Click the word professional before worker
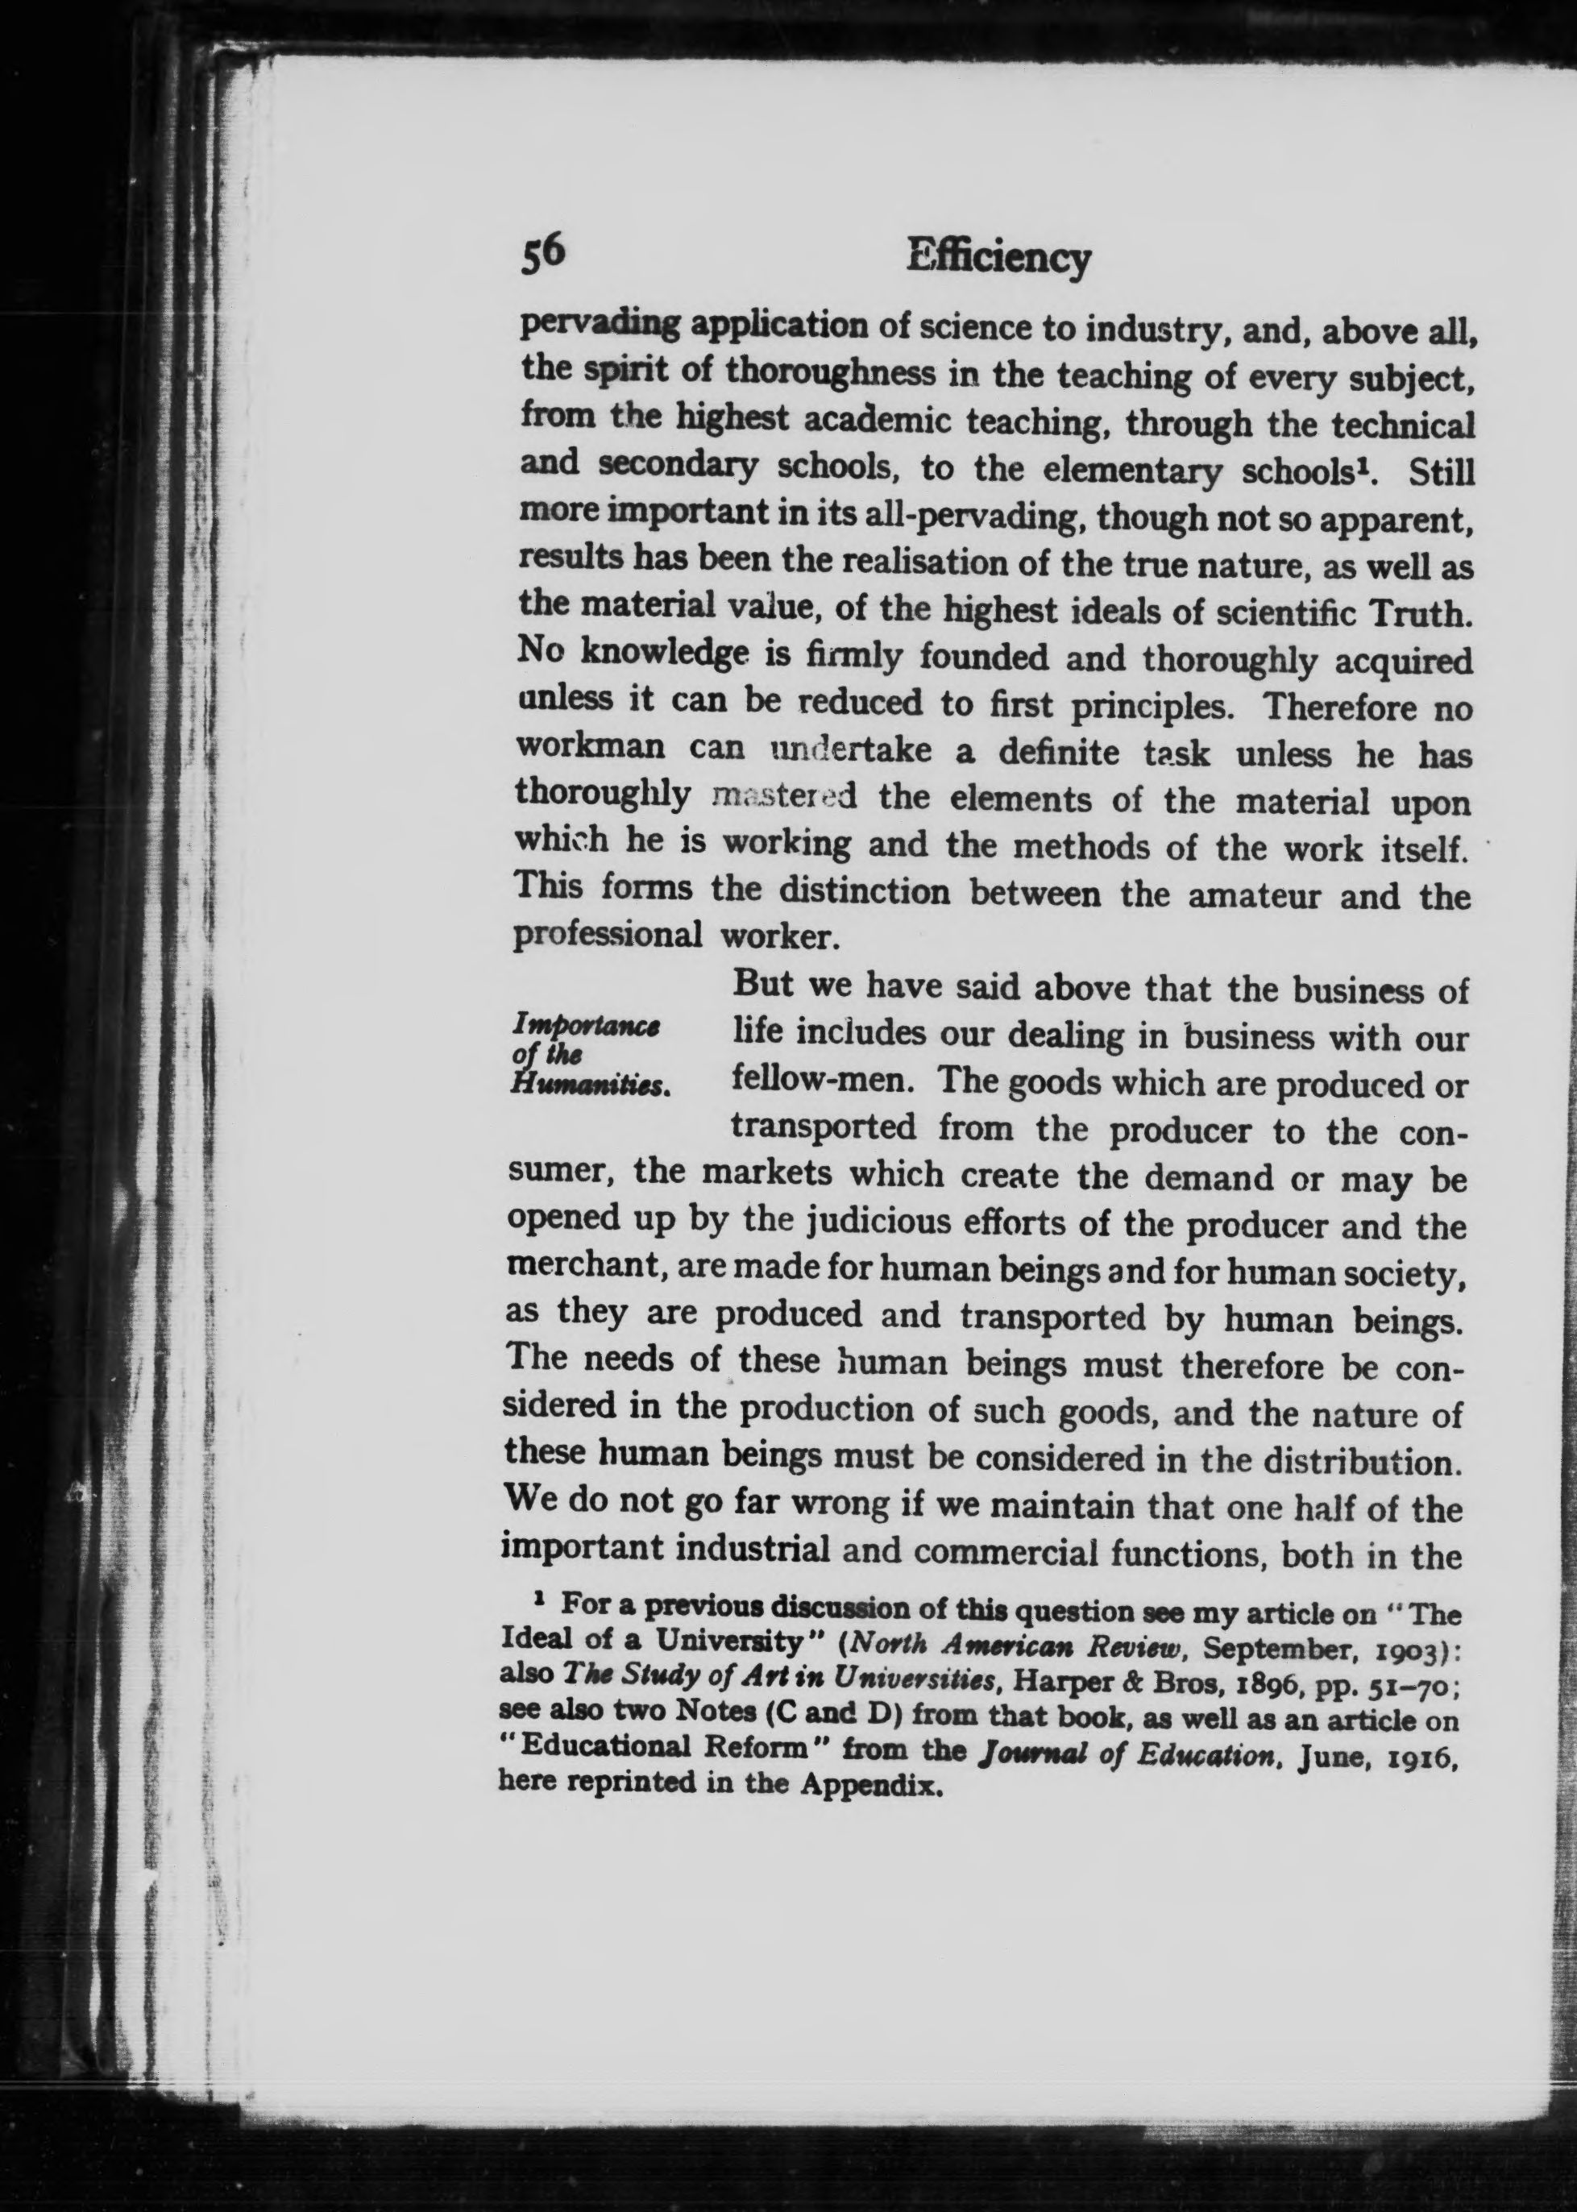click(607, 934)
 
